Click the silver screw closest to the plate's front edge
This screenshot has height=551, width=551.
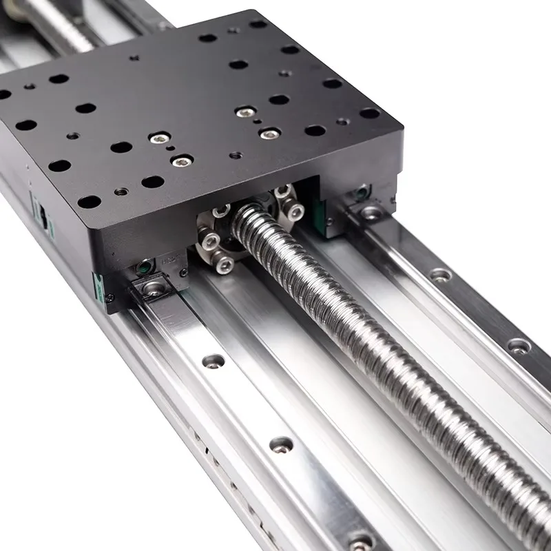181,162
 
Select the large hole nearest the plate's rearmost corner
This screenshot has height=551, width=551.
258,24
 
